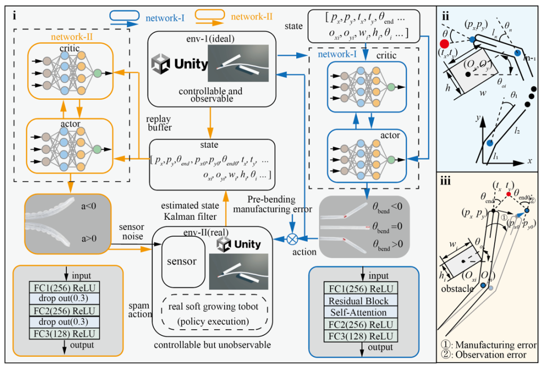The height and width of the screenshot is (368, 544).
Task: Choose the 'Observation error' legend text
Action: tap(489, 355)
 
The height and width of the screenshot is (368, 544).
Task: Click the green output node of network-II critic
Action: tap(97, 74)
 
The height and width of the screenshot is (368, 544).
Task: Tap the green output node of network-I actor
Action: tap(391, 159)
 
